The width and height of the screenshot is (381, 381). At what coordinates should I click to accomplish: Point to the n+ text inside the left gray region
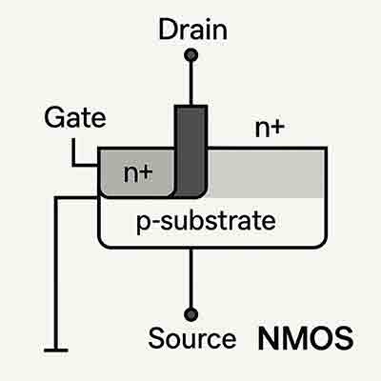pyautogui.click(x=139, y=173)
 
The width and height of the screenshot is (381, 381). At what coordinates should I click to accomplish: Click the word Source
pyautogui.click(x=191, y=338)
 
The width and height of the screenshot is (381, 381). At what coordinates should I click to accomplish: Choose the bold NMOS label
pyautogui.click(x=305, y=338)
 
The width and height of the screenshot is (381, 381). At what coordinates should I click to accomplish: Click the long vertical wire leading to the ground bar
pyautogui.click(x=57, y=276)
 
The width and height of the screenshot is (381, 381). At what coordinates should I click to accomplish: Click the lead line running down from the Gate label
pyautogui.click(x=73, y=150)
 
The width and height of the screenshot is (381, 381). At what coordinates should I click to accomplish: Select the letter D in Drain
pyautogui.click(x=164, y=29)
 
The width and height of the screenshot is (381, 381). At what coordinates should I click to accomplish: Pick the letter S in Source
pyautogui.click(x=156, y=338)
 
